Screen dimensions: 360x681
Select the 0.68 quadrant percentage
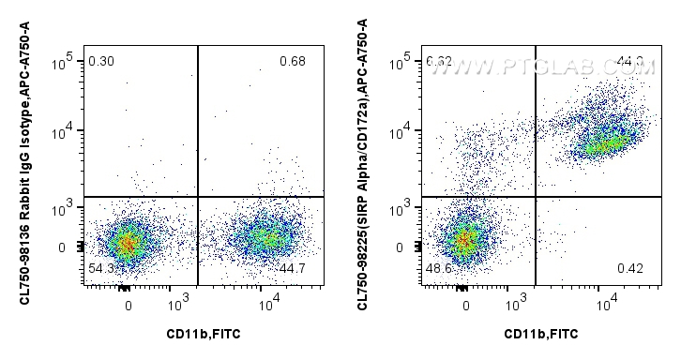coord(293,62)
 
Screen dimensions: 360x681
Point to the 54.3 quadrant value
coord(100,268)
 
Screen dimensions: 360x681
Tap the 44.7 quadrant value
coord(293,268)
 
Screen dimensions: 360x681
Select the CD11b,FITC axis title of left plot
coord(204,333)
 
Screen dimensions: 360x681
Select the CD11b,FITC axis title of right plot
coord(541,333)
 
